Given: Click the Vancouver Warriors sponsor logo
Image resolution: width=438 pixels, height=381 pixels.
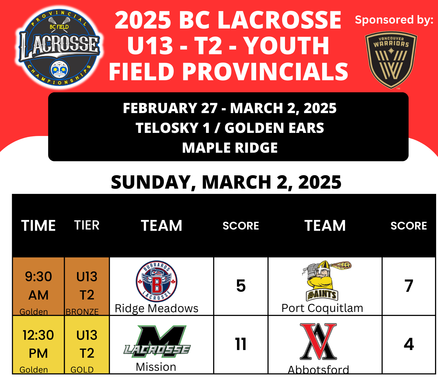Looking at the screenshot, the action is [391, 60].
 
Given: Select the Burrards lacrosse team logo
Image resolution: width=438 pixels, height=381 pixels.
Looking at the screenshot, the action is [156, 281].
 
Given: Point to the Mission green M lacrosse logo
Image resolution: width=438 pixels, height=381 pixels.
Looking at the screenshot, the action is [157, 341].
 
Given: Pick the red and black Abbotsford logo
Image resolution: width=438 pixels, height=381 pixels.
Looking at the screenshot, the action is [318, 342].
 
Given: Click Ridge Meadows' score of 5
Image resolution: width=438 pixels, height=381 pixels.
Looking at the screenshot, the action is [241, 286].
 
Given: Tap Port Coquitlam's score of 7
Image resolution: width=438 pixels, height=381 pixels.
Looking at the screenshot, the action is [409, 286].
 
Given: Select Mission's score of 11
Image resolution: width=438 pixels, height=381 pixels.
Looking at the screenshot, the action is [241, 344].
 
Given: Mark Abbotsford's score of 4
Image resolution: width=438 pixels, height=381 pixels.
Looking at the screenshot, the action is [409, 344].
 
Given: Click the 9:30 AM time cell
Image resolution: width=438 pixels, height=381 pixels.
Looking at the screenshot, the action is [38, 286].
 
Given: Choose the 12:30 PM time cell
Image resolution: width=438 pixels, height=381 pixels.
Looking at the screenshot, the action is [38, 344].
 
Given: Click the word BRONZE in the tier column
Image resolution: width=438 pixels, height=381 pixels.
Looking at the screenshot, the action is [82, 312].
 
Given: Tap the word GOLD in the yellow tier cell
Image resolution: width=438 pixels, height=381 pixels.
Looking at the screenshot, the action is [82, 370].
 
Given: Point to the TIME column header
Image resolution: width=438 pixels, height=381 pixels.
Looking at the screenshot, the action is [38, 226].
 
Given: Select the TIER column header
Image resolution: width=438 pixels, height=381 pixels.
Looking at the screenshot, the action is [87, 225].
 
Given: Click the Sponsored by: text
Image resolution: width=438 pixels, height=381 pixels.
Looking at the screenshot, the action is [394, 20].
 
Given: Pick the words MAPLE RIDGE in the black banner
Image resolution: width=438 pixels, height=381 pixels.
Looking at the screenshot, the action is [230, 148].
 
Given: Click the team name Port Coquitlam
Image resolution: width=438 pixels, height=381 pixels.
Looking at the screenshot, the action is [322, 308].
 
